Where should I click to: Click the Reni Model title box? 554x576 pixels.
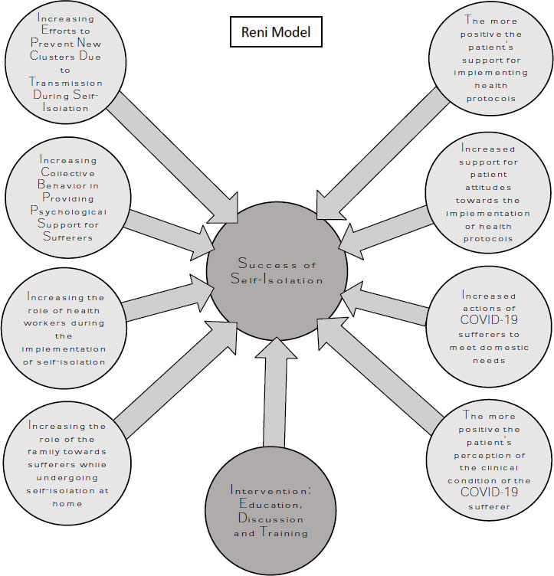coord(276,34)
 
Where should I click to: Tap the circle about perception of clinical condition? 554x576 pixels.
coord(489,460)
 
